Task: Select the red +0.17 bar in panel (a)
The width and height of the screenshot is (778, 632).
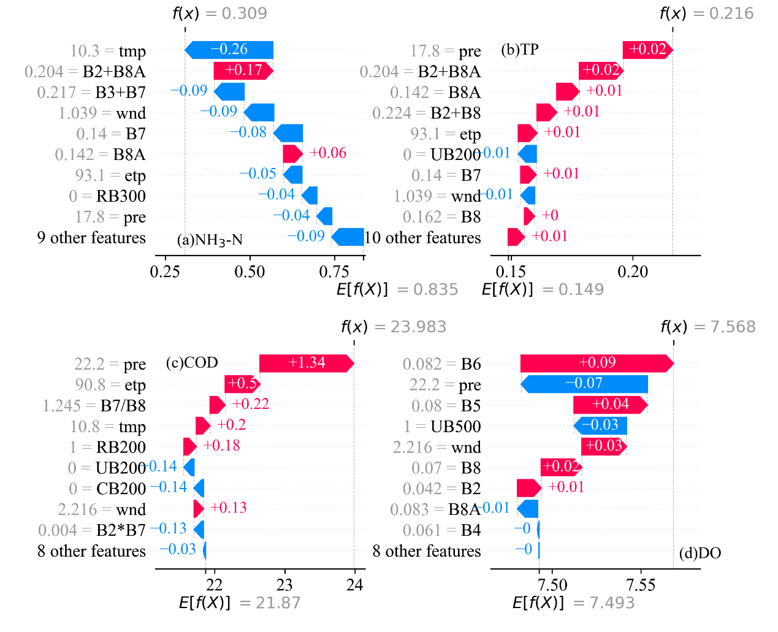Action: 243,70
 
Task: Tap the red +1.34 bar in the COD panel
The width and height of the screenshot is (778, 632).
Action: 306,363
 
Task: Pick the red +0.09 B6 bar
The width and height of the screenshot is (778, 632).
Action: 597,363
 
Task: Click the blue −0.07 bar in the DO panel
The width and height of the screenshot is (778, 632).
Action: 584,384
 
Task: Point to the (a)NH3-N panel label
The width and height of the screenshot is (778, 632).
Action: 210,240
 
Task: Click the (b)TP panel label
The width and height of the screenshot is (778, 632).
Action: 520,50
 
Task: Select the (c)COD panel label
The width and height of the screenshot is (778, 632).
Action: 192,363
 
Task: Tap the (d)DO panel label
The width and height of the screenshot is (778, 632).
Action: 700,553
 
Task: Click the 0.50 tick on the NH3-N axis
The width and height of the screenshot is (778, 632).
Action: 250,272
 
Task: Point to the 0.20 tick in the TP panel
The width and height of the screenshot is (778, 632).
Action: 633,272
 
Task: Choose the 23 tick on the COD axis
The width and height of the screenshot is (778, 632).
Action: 284,585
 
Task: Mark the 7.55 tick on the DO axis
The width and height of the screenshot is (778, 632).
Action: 641,585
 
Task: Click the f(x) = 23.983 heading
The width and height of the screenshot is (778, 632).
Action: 394,327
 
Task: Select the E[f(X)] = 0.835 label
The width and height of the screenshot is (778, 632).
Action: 397,289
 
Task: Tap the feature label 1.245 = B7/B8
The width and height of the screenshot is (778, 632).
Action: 94,406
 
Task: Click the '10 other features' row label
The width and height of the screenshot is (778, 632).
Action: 423,238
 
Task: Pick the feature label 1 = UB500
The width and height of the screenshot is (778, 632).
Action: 442,427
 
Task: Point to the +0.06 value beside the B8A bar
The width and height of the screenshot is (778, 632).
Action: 328,153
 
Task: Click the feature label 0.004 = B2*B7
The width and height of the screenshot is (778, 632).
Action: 92,530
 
